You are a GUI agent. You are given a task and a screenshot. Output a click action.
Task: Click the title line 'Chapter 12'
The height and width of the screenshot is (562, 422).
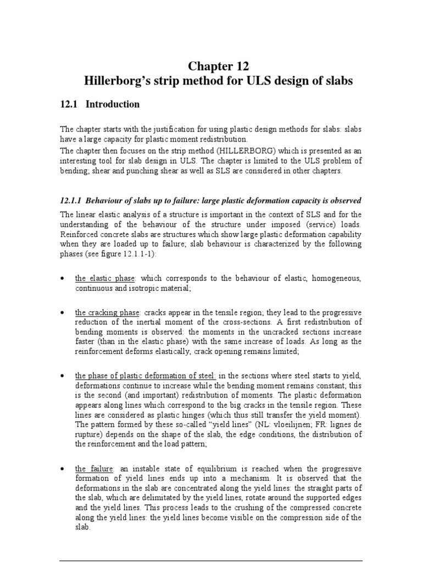pos(219,66)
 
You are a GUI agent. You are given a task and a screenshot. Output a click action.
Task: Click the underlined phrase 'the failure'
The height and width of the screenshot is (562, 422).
pos(88,469)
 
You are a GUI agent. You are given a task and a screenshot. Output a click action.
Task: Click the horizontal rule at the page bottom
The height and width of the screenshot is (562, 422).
pos(210,560)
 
